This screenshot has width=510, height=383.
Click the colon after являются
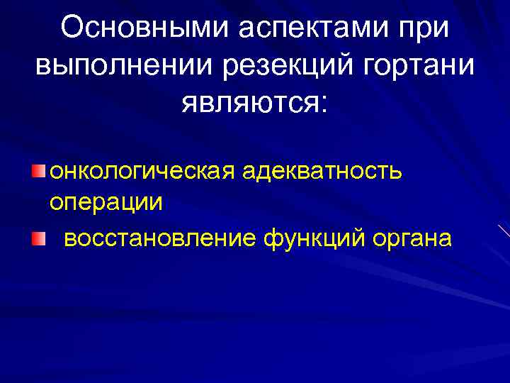pyautogui.click(x=325, y=106)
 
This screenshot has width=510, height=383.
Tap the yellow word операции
pyautogui.click(x=106, y=202)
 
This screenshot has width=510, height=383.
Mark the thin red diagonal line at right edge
pyautogui.click(x=504, y=231)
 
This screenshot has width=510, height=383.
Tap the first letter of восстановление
pyautogui.click(x=69, y=239)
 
